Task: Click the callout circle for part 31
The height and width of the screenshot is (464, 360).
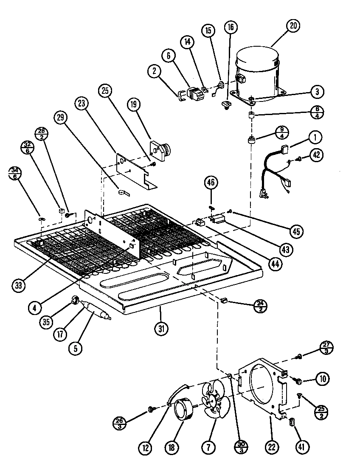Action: (x=162, y=328)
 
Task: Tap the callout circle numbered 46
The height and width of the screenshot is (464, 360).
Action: (x=211, y=183)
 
